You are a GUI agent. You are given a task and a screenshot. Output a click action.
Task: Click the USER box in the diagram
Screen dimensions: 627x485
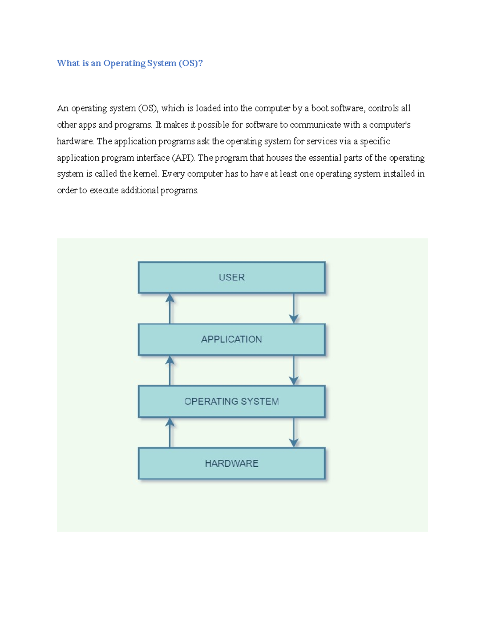[232, 277]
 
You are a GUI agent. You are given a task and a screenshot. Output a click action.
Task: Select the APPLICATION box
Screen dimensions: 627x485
[232, 339]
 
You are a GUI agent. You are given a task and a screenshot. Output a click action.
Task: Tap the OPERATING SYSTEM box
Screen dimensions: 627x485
[232, 401]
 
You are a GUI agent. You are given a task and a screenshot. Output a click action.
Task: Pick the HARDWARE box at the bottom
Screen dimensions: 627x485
[232, 463]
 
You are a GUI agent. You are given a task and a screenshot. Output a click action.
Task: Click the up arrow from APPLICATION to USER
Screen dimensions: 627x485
[170, 309]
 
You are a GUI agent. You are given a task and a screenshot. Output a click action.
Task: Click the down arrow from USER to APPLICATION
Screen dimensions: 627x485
[294, 309]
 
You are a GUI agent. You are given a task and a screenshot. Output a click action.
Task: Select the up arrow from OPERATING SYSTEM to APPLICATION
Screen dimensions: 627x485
[170, 371]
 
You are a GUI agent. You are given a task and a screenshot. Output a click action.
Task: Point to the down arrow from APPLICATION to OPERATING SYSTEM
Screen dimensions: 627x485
[294, 371]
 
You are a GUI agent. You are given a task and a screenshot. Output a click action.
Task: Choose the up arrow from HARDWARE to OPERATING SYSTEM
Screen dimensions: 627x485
[170, 432]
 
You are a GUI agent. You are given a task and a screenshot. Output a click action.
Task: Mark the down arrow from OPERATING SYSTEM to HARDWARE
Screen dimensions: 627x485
[294, 432]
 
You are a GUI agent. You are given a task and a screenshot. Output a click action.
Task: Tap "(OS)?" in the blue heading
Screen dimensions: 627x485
[190, 63]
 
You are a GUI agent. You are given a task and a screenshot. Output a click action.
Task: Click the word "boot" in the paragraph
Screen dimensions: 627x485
[320, 108]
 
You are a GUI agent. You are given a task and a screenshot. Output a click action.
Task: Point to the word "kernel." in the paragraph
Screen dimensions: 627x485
[146, 174]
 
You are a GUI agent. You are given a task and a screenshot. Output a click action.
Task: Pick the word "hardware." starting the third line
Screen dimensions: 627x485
[76, 141]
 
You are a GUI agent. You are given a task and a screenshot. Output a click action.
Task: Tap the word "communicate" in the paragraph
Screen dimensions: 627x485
[315, 125]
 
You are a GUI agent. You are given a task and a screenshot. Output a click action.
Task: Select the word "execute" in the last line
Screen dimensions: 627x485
[104, 191]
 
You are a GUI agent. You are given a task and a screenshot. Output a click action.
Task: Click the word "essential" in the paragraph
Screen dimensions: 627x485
[325, 158]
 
